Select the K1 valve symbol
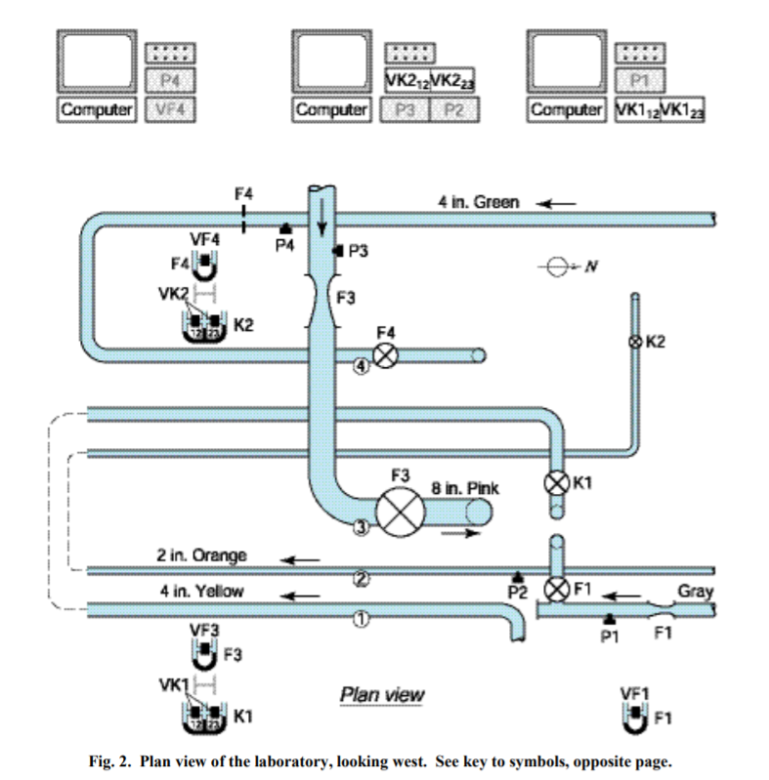point(557,482)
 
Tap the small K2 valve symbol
point(634,342)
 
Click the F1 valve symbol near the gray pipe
point(557,589)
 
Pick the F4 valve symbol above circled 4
point(386,355)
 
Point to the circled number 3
point(361,528)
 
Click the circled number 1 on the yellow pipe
point(361,617)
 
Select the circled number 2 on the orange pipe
point(361,578)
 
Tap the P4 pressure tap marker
point(285,228)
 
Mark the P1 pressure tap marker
point(609,617)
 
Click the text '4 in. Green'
point(479,203)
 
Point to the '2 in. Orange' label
point(201,555)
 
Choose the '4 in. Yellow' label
point(201,591)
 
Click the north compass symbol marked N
point(558,266)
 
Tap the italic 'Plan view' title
point(381,695)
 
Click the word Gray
point(695,591)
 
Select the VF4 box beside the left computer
point(171,109)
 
